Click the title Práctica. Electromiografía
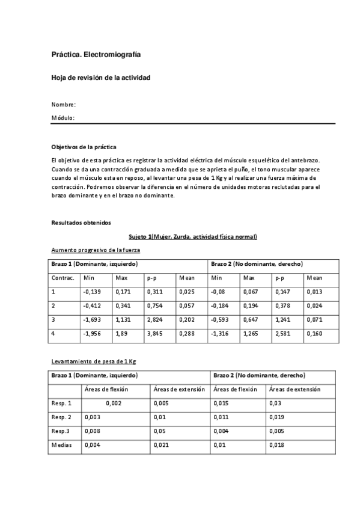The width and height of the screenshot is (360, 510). click(96, 55)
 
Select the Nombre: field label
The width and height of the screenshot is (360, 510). click(64, 105)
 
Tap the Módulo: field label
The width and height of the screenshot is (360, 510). click(63, 118)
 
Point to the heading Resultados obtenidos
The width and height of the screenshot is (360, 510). click(81, 223)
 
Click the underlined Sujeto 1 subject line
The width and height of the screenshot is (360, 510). click(193, 236)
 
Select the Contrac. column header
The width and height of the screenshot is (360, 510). click(63, 278)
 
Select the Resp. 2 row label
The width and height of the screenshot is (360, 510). click(62, 417)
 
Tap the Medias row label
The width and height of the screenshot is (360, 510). click(62, 446)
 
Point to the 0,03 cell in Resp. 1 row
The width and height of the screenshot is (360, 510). click(275, 403)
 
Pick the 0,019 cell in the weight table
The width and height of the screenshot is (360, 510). click(277, 417)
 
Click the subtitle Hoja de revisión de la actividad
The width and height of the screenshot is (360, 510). click(100, 78)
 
